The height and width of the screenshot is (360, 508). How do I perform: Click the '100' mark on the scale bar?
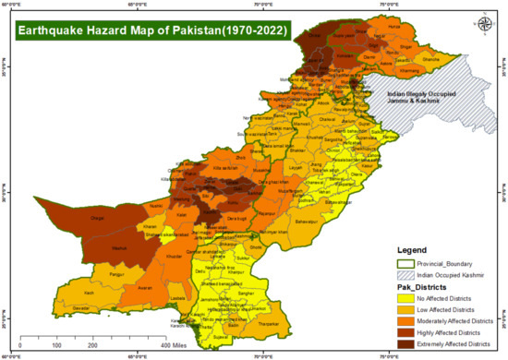tap(57, 344)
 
